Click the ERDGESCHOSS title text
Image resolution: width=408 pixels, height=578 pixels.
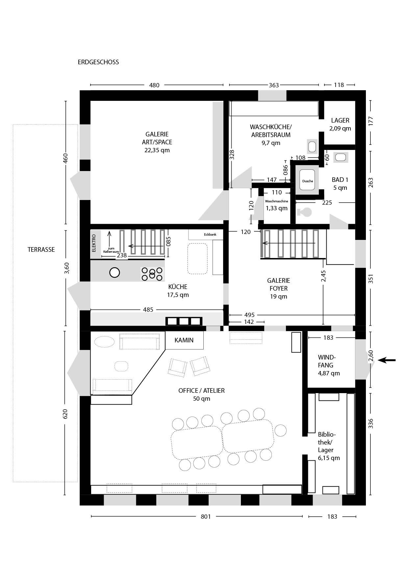pos(98,62)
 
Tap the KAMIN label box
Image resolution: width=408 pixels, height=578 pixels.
pos(184,340)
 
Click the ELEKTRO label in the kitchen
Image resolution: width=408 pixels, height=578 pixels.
pos(94,243)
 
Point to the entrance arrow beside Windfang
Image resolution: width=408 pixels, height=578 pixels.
pos(387,361)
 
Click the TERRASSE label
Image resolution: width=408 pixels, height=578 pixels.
pos(41,249)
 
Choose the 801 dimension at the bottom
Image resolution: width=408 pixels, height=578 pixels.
pos(206,516)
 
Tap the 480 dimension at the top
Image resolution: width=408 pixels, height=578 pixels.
pos(154,85)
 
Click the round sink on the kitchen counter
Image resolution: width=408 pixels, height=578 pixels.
pos(115,273)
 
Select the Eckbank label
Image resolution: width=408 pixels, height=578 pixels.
pos(210,235)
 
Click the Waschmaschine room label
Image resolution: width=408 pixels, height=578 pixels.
pos(276,201)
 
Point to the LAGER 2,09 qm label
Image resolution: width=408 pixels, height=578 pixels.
pos(340,124)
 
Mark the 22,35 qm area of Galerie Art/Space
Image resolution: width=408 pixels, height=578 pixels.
pos(157,150)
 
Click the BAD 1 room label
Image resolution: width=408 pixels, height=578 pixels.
pos(340,180)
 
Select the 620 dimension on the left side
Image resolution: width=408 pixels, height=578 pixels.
pos(65,414)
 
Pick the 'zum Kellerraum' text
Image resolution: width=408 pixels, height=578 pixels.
pos(111,250)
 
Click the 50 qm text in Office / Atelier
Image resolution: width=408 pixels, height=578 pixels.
pos(202,399)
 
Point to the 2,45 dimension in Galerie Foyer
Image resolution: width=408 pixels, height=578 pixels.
pos(324,276)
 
